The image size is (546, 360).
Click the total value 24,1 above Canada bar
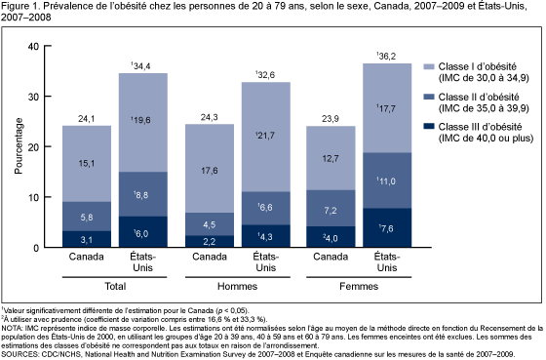87,120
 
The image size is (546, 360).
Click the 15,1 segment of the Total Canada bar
87,164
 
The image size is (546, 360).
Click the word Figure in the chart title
19,8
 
